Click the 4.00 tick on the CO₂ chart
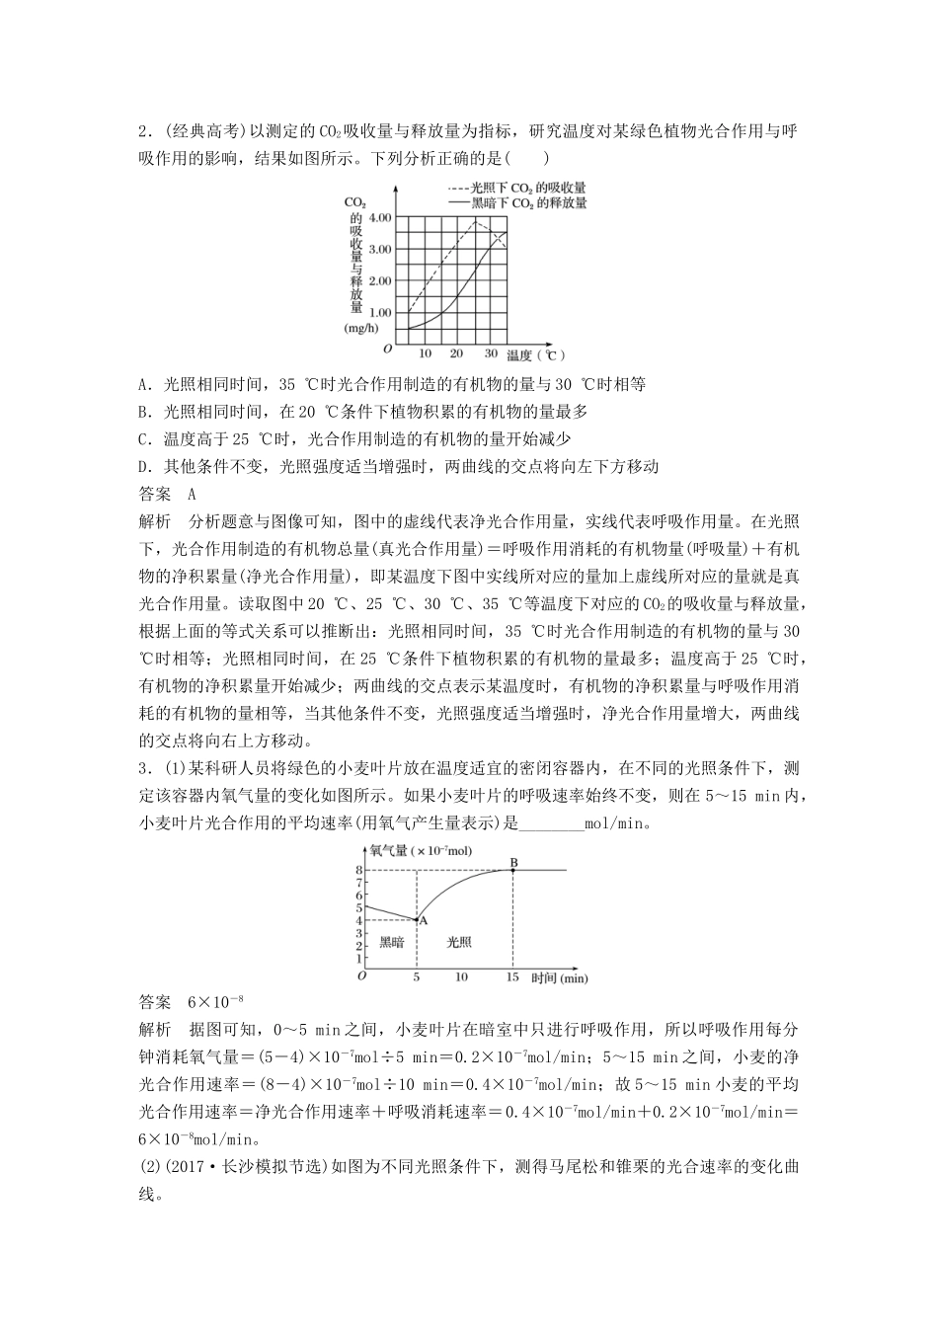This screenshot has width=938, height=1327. (379, 217)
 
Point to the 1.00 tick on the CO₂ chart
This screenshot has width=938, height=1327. (379, 313)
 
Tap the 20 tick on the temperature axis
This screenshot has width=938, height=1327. (456, 353)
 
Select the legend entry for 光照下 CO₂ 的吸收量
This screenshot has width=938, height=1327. (516, 187)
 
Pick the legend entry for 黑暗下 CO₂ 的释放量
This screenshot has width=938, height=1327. (516, 202)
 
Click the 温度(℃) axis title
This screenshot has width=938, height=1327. (535, 354)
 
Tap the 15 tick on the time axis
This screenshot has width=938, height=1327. (511, 977)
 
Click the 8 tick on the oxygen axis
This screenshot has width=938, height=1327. (359, 870)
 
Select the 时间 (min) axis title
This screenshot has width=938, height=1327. (559, 977)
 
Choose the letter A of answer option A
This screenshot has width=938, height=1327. (144, 385)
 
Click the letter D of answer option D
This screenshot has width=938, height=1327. (144, 466)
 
